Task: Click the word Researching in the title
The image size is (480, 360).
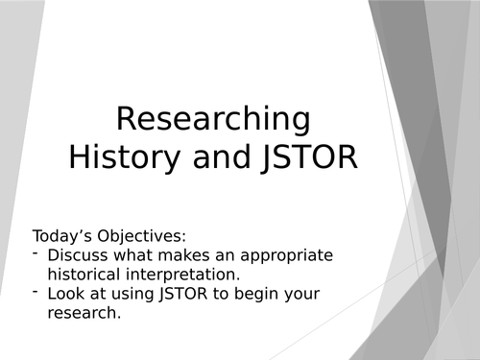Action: (x=213, y=120)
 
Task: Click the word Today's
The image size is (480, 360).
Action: (x=63, y=236)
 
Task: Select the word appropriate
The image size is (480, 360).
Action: (x=279, y=255)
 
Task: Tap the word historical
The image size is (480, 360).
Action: (x=85, y=275)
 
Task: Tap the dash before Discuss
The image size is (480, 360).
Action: (x=36, y=253)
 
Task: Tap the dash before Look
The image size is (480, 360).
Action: (x=36, y=292)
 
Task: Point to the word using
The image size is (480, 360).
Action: (x=129, y=294)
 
